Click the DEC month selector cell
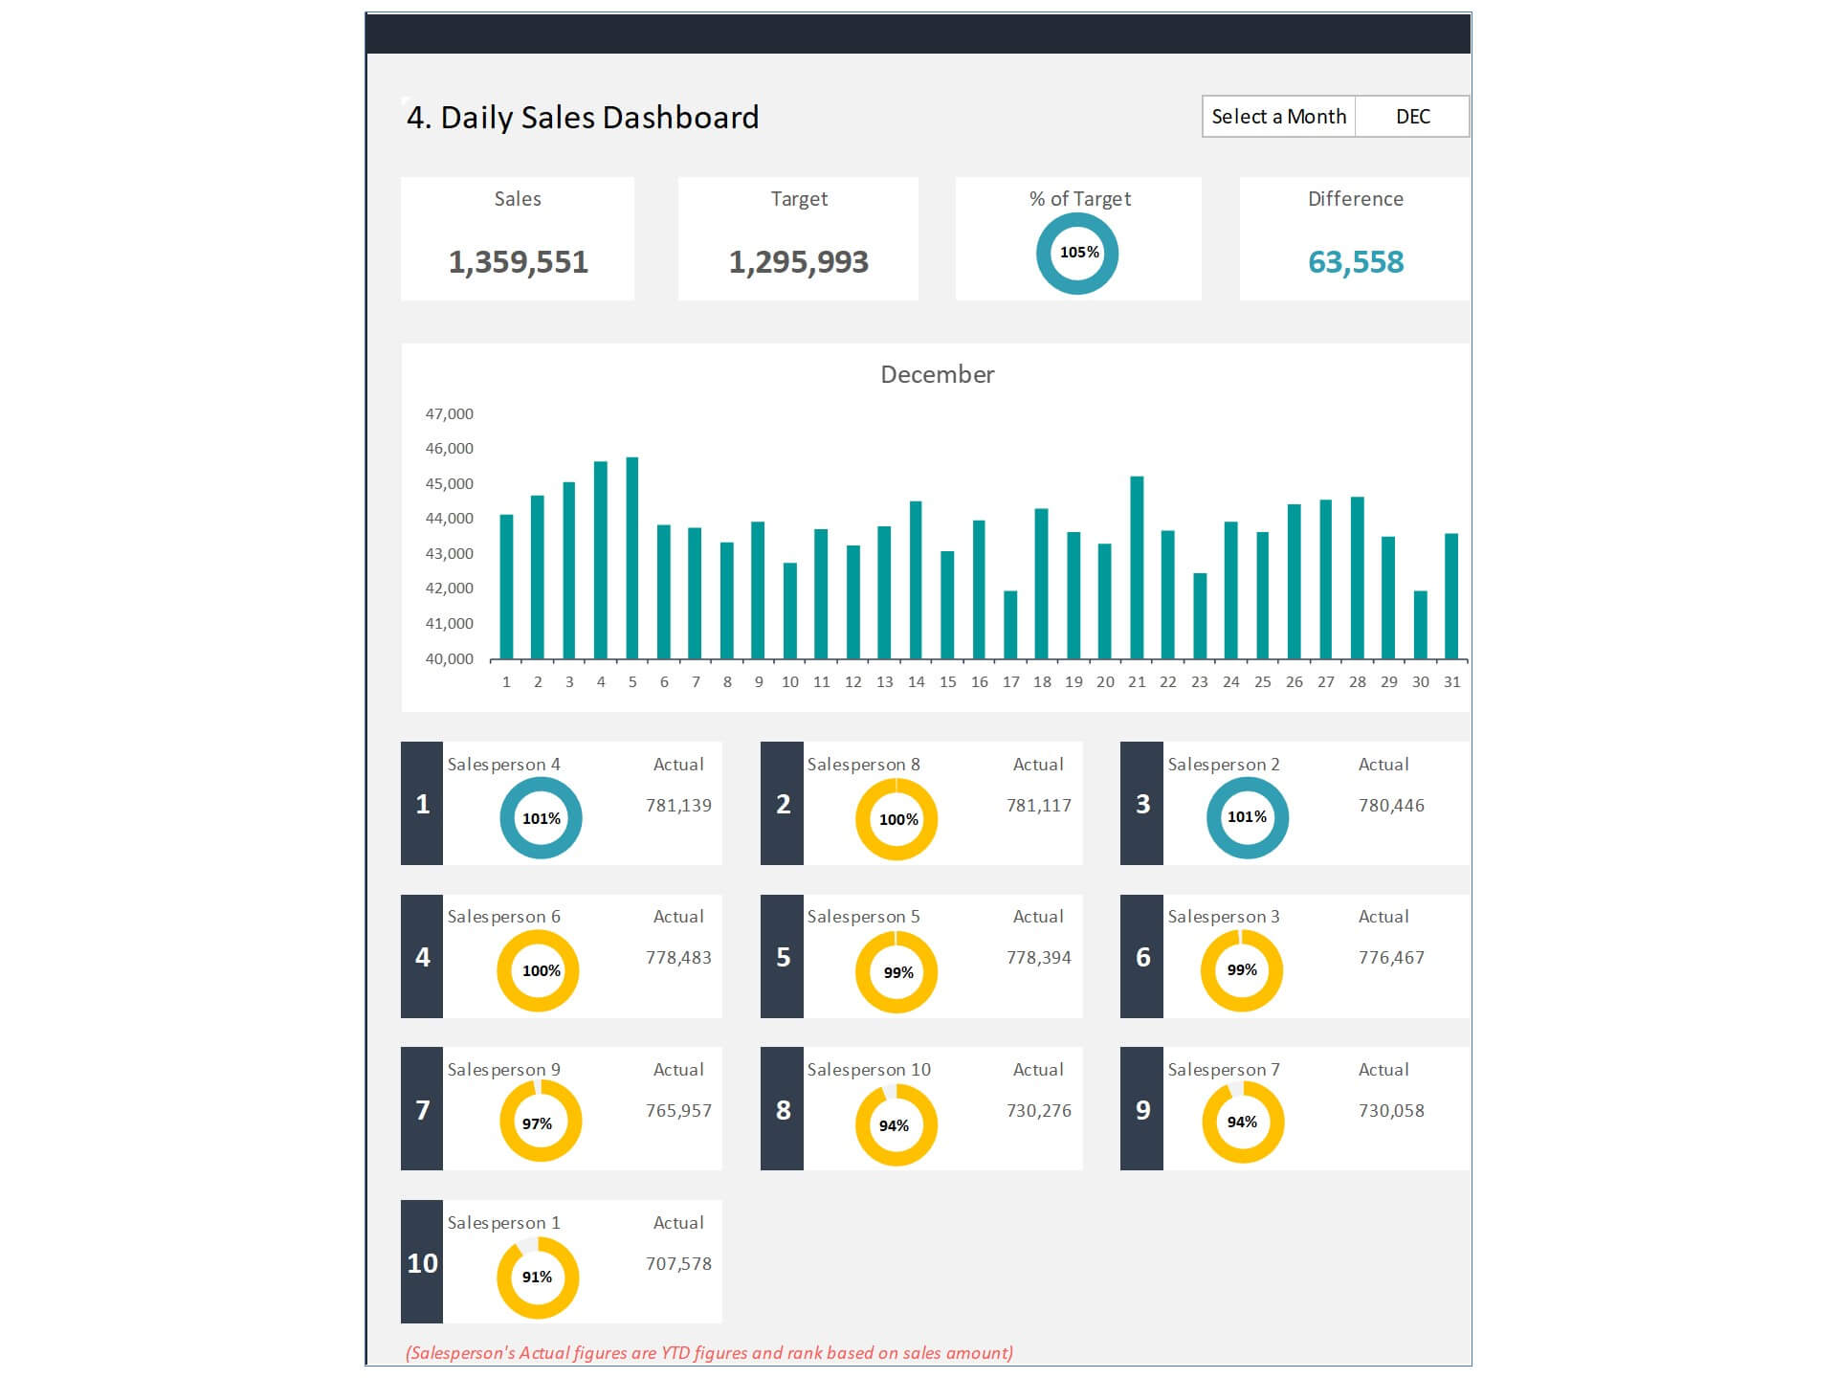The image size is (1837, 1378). (1412, 117)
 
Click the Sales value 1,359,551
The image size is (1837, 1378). (518, 262)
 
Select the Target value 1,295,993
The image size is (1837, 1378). (798, 262)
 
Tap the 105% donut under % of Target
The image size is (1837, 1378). (1077, 254)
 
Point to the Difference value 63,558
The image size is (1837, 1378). (1355, 262)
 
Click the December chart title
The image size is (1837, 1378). (937, 375)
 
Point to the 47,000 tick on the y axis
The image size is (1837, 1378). (449, 414)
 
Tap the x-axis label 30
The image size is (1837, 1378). (1420, 682)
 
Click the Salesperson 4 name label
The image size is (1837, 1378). (503, 765)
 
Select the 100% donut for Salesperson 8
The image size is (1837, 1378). (896, 819)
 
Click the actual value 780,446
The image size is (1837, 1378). (1391, 806)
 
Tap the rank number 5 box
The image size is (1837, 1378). (782, 957)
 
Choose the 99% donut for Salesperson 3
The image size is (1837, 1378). (1242, 970)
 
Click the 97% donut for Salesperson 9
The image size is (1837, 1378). (541, 1122)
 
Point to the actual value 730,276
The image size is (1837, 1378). (1038, 1111)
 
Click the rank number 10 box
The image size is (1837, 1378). (422, 1263)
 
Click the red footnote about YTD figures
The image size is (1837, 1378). (709, 1353)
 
